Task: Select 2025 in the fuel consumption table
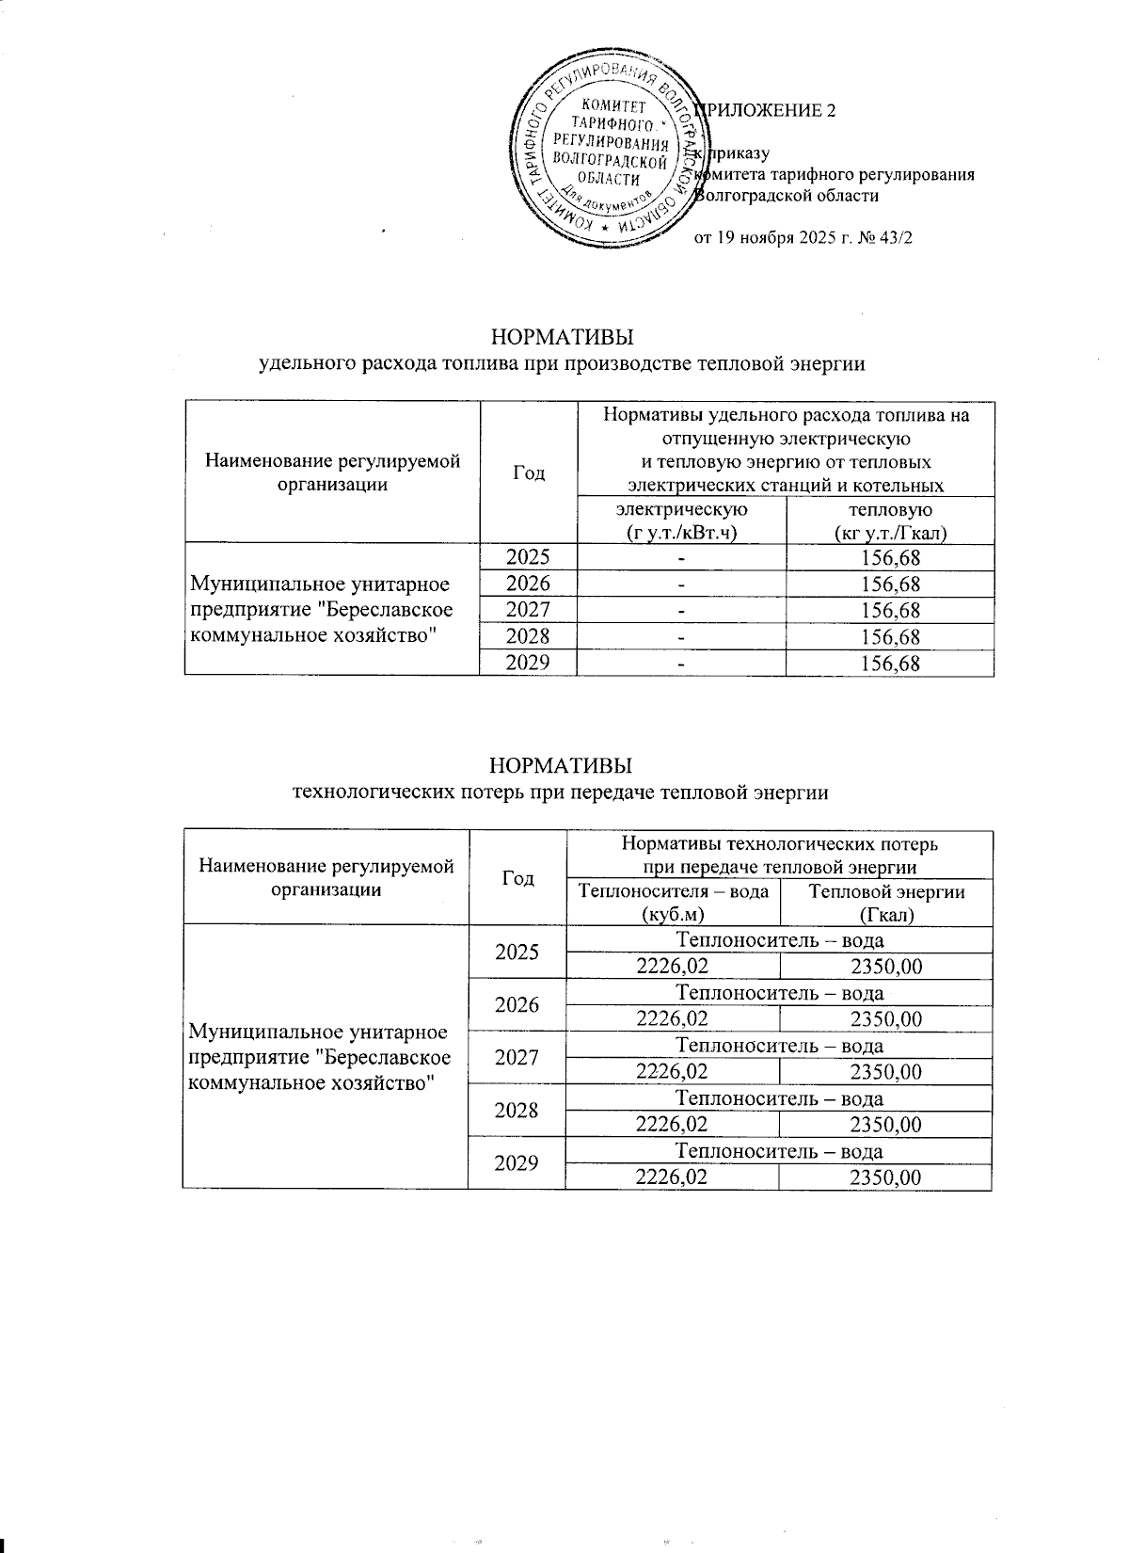(528, 557)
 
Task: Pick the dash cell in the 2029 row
(681, 664)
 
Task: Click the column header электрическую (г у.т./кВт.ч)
(681, 521)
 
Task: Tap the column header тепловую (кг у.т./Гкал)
(889, 521)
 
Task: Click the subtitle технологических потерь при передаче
(562, 793)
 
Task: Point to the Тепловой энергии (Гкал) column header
(887, 902)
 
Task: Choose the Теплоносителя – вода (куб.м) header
(673, 902)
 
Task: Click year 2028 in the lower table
(517, 1111)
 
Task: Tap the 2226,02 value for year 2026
(673, 1019)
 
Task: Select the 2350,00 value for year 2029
(885, 1177)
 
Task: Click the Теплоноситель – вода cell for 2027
(779, 1046)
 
